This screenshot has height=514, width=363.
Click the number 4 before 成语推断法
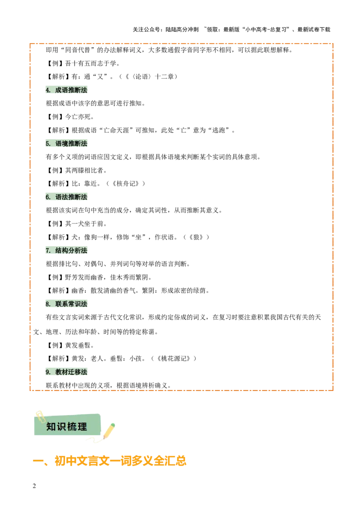pos(47,90)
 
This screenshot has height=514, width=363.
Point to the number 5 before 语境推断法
pos(47,143)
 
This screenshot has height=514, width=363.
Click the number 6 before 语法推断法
pos(47,197)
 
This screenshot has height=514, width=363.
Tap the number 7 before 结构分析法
pos(47,250)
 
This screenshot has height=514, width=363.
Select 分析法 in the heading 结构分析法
pos(78,250)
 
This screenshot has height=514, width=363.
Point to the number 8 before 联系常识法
pos(47,304)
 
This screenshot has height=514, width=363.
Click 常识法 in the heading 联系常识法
pos(78,304)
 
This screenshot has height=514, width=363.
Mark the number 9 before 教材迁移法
pos(47,372)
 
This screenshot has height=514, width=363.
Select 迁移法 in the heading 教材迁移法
pos(78,372)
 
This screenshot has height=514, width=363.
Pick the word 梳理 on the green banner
pos(77,427)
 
